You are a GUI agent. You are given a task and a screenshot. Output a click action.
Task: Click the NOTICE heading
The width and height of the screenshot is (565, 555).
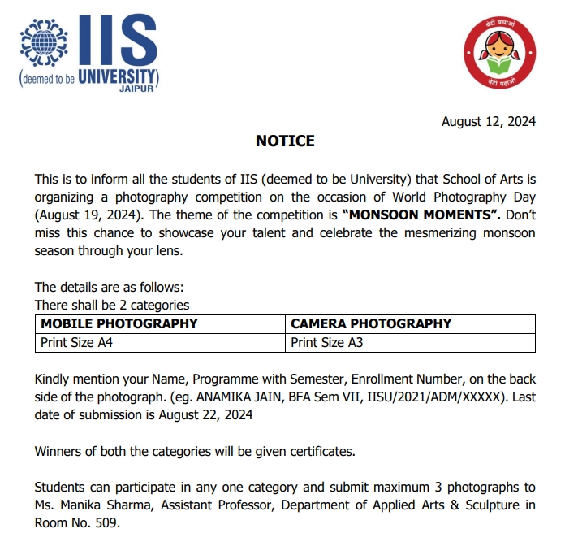click(285, 141)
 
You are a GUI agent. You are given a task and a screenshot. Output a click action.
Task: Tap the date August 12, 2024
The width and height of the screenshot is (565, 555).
click(488, 122)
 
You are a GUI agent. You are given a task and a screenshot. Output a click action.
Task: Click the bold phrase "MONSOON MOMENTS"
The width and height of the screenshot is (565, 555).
click(411, 215)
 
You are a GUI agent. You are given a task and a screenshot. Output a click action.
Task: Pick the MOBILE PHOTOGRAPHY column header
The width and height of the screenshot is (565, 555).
click(119, 323)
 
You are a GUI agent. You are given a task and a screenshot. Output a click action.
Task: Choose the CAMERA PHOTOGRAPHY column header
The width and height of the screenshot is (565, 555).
click(371, 323)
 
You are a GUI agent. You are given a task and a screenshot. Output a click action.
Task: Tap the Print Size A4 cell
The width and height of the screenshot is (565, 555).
click(78, 342)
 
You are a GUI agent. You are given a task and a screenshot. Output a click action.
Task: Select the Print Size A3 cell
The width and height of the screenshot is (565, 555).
click(327, 342)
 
